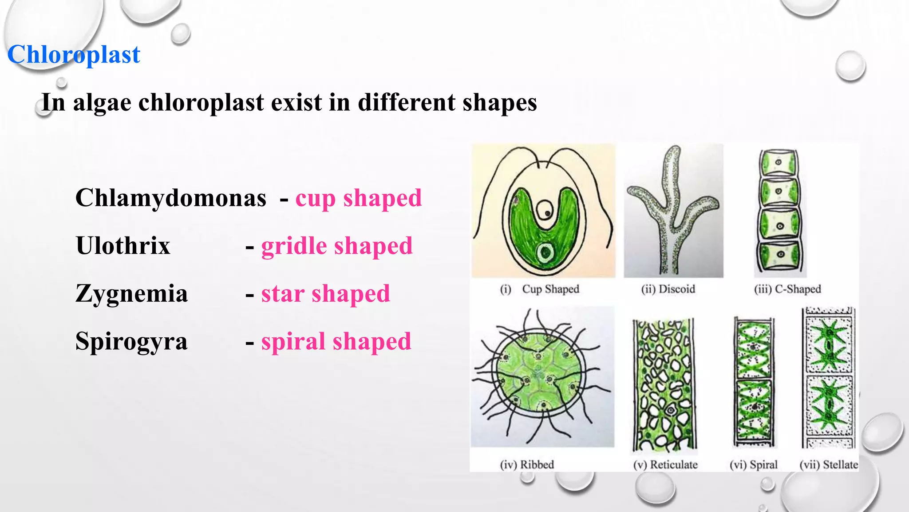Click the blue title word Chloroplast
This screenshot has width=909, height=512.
click(74, 55)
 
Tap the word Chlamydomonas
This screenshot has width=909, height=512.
click(171, 198)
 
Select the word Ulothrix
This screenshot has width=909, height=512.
click(123, 245)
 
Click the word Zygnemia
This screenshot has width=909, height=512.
click(131, 293)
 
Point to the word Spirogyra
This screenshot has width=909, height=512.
click(131, 341)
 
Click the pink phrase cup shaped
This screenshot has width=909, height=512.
click(359, 198)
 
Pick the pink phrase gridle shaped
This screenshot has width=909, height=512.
click(337, 246)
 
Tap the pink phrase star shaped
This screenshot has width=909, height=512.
click(325, 294)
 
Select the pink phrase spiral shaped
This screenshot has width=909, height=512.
click(336, 342)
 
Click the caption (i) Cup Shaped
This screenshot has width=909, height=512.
click(540, 289)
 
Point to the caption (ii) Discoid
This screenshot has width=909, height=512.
click(668, 289)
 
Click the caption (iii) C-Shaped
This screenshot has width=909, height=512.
click(787, 289)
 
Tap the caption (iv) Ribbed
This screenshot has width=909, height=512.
click(527, 465)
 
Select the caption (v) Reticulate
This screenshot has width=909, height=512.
click(665, 465)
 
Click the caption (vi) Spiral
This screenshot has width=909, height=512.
click(753, 465)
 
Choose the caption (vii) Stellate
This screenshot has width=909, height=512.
click(828, 465)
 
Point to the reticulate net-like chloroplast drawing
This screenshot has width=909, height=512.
click(664, 384)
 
